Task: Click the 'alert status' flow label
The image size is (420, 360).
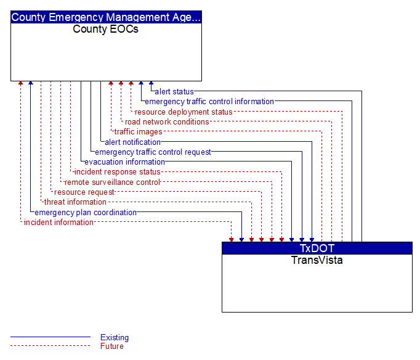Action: tap(174, 92)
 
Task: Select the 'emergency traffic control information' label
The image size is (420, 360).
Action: tap(209, 102)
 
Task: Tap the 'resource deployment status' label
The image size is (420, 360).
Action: tap(184, 112)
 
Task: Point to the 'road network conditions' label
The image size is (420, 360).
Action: tap(167, 121)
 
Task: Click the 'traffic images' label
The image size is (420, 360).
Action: tap(138, 132)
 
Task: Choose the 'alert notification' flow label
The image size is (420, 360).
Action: tap(132, 142)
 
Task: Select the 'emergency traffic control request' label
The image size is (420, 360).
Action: tap(153, 152)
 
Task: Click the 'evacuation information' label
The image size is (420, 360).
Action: tap(124, 162)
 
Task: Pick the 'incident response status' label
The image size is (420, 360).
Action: tap(118, 172)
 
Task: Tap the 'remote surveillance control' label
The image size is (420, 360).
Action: tap(112, 182)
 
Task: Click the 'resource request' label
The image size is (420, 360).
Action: tap(84, 192)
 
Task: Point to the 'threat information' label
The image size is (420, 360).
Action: tap(75, 202)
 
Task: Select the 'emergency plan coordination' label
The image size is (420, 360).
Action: tap(86, 213)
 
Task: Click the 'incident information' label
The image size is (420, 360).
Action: tap(59, 223)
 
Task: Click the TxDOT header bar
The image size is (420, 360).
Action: tap(317, 248)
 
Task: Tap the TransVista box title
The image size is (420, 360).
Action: tap(317, 260)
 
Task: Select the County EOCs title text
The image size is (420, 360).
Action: tap(105, 29)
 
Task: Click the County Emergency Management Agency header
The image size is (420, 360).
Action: tap(106, 17)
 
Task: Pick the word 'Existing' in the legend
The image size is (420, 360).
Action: tap(115, 337)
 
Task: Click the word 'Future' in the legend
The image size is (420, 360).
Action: tap(112, 346)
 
